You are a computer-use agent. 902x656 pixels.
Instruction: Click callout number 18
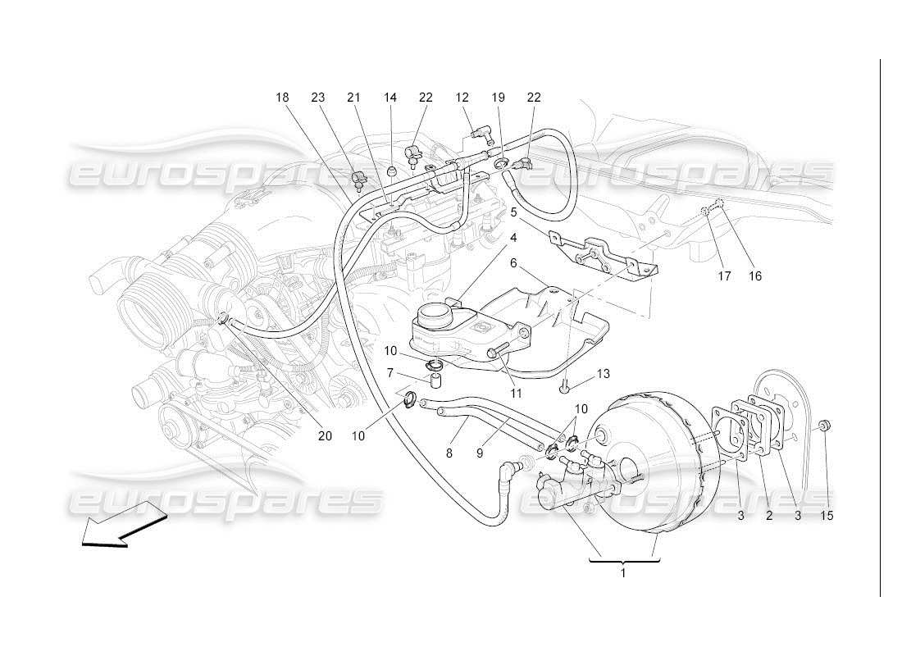pos(282,98)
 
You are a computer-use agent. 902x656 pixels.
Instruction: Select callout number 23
pos(318,98)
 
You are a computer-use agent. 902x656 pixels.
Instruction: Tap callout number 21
pos(353,98)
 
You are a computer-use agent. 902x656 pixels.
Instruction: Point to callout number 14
pos(390,98)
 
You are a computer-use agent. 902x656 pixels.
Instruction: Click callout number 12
pos(462,98)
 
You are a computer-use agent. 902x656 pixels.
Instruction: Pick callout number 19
pos(498,98)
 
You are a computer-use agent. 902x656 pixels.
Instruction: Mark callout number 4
pos(513,238)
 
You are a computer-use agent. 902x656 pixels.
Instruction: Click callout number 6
pos(513,263)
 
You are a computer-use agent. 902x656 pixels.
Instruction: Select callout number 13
pos(604,374)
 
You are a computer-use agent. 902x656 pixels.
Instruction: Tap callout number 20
pos(325,435)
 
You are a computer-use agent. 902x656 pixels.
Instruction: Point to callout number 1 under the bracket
pos(622,573)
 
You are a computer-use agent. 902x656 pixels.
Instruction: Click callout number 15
pos(827,516)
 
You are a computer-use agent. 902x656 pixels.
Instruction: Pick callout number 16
pos(754,276)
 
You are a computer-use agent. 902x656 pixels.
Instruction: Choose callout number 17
pos(724,276)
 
